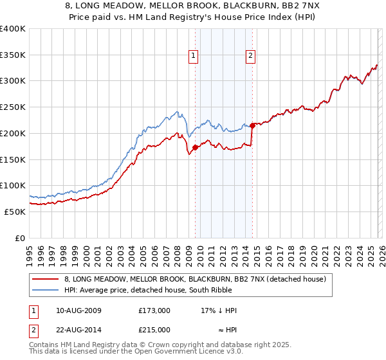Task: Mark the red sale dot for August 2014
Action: click(x=252, y=125)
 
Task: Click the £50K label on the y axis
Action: click(x=15, y=212)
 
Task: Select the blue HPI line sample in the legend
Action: click(x=46, y=291)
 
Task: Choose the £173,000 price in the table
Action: click(x=154, y=310)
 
